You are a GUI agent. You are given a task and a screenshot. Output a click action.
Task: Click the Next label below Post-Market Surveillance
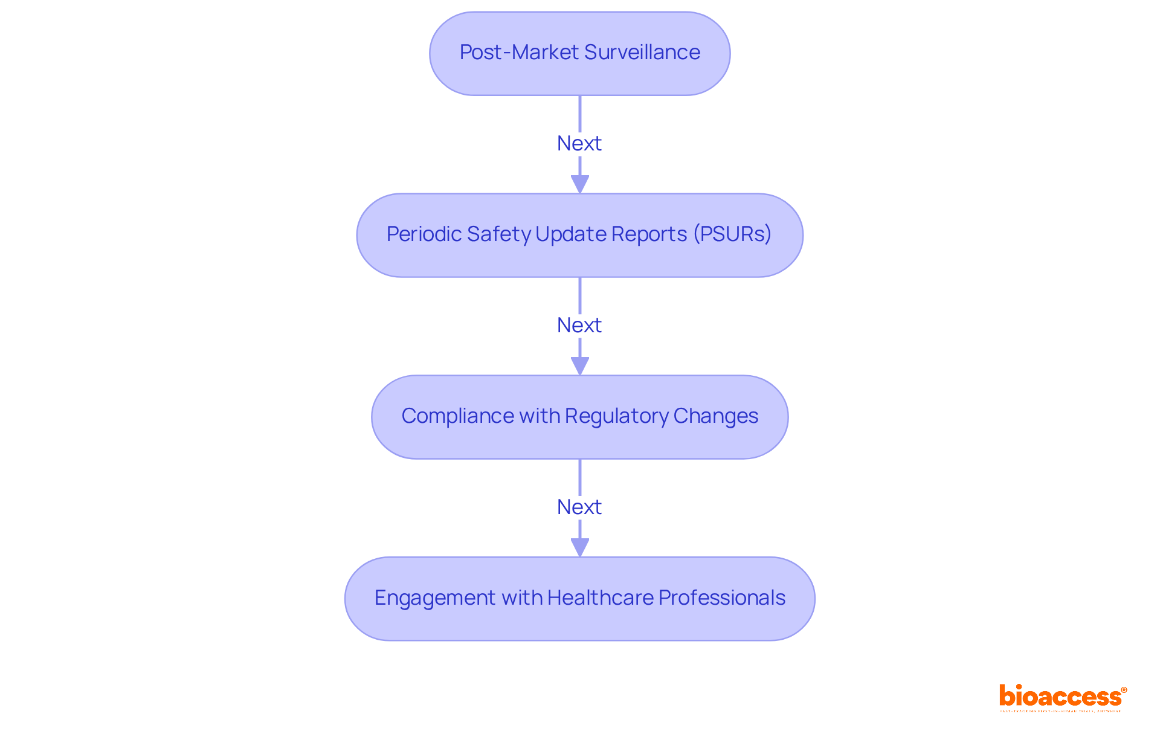tap(579, 144)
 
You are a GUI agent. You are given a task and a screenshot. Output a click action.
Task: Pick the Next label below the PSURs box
tap(579, 326)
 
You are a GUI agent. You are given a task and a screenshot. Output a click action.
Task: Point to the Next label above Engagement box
tap(579, 507)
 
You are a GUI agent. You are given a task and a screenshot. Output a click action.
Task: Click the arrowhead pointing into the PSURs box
tap(579, 184)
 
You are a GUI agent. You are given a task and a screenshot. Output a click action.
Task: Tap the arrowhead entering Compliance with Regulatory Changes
tap(579, 365)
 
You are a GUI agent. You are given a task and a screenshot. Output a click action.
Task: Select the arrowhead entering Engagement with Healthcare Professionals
tap(579, 547)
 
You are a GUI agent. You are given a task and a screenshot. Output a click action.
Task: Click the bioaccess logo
tap(1062, 696)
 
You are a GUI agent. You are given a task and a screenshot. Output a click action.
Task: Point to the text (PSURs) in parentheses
tap(732, 234)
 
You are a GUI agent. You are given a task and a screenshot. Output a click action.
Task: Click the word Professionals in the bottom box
tap(721, 598)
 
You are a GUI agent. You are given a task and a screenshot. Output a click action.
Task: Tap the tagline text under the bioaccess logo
tap(1060, 711)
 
